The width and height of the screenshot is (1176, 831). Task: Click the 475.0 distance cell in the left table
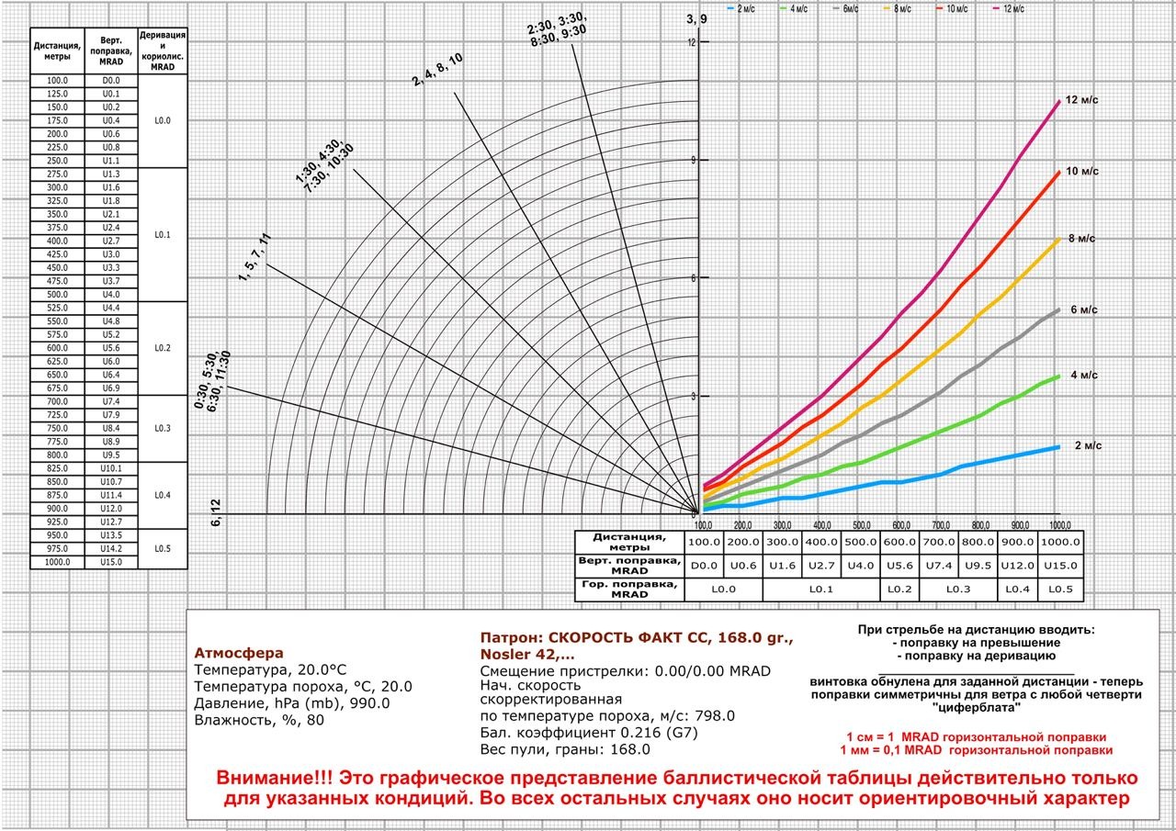click(x=57, y=281)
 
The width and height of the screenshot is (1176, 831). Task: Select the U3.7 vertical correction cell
click(x=111, y=281)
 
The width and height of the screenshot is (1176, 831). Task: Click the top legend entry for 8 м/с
click(x=899, y=8)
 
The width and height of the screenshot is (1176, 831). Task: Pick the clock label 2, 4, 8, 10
click(x=437, y=71)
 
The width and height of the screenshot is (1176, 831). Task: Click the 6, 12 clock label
click(x=217, y=513)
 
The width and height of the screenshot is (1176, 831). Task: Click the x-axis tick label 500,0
click(x=861, y=525)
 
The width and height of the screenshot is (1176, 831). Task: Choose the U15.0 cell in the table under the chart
click(x=1061, y=566)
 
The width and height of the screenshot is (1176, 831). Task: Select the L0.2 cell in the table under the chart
click(x=899, y=589)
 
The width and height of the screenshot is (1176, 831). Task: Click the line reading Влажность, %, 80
click(x=259, y=720)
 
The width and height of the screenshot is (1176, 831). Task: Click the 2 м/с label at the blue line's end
click(x=1088, y=446)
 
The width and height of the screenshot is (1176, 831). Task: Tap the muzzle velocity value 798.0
click(x=716, y=716)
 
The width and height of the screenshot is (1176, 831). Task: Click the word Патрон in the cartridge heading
click(x=511, y=637)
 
